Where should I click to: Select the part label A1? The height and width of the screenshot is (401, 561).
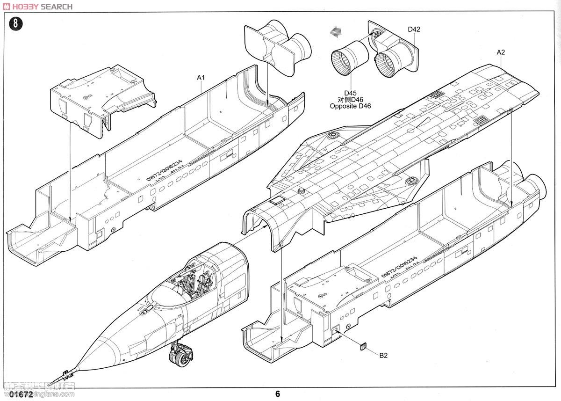point(201,77)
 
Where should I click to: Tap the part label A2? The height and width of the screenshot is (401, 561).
point(500,52)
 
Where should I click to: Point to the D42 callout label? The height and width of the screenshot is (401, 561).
point(414,29)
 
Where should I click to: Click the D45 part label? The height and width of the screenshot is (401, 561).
point(350,93)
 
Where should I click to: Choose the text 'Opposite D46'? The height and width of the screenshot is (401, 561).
point(350,106)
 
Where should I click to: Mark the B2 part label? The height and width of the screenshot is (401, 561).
point(383,356)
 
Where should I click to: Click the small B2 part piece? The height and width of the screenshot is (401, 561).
point(363,347)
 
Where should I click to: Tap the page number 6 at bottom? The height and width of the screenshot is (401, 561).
point(278,394)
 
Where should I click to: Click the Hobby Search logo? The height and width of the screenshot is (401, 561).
point(37,6)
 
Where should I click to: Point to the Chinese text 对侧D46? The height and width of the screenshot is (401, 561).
point(350,99)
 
